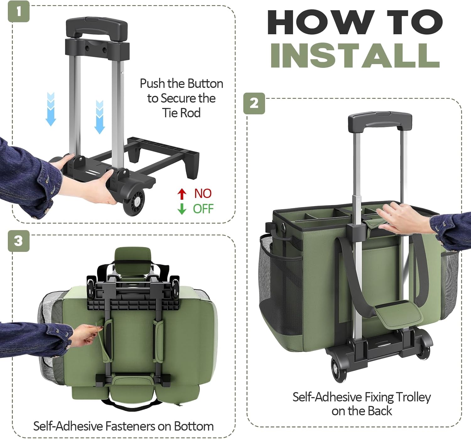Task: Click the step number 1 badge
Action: pos(19,11)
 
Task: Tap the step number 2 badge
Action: pos(254,103)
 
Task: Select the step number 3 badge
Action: pos(19,241)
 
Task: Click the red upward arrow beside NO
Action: pos(182,194)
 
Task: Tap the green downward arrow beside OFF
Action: pos(182,209)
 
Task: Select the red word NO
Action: pos(203,194)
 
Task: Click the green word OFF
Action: pos(203,209)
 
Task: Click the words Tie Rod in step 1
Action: pos(181,113)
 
